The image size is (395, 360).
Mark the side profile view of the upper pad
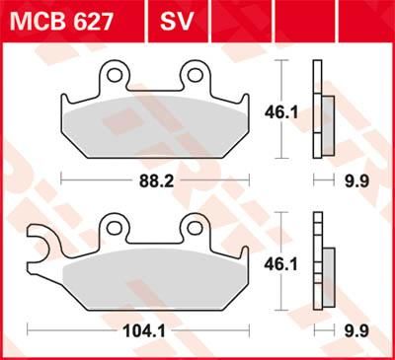(x=321, y=108)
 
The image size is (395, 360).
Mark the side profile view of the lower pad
(x=321, y=262)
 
